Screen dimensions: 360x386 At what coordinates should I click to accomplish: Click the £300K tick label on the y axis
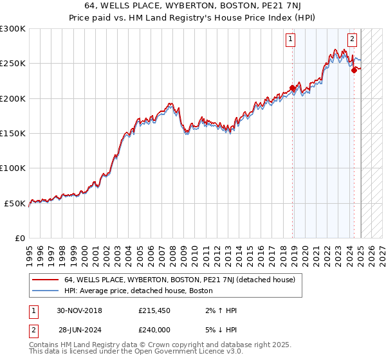tap(13, 29)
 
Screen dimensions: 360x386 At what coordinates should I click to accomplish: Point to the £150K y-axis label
tap(13, 133)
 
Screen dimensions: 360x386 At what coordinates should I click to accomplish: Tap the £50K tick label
tap(15, 203)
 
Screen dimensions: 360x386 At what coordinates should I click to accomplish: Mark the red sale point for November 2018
tap(293, 88)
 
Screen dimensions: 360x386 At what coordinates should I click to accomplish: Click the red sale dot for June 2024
tap(354, 71)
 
